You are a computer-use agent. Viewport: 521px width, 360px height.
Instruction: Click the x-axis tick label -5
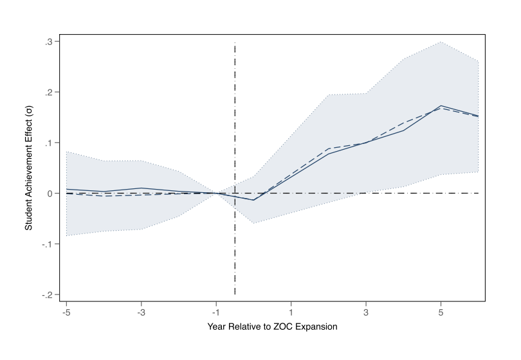(66, 312)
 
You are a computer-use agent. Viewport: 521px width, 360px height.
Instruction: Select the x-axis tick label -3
(141, 312)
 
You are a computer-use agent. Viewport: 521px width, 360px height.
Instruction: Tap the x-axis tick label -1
(215, 312)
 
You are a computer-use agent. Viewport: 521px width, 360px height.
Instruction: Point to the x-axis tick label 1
(291, 312)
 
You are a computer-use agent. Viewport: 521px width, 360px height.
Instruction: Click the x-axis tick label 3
(366, 312)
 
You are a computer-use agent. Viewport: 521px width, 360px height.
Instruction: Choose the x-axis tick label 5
(441, 312)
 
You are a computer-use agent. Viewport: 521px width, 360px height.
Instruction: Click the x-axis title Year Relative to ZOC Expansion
(272, 327)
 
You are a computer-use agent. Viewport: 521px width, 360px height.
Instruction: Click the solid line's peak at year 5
(441, 105)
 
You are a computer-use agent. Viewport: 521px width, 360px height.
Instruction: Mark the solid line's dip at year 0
(253, 200)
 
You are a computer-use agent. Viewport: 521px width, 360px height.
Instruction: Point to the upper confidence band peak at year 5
(441, 42)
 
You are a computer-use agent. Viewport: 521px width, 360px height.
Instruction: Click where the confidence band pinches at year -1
(216, 193)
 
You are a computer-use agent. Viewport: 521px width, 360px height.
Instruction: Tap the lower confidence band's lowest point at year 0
(253, 223)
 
